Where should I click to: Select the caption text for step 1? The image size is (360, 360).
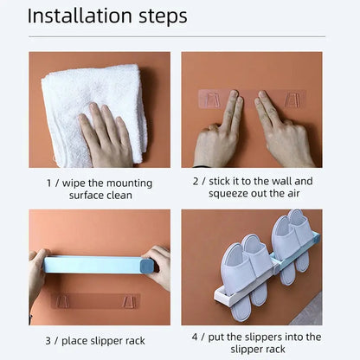tap(100, 188)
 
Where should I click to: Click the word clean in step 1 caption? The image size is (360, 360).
tap(119, 195)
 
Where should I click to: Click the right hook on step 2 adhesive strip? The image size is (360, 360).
tap(292, 99)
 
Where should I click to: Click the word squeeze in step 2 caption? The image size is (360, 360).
tap(227, 194)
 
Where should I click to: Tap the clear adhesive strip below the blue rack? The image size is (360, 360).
tap(95, 301)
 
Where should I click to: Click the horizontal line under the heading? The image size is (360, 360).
tap(180, 36)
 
